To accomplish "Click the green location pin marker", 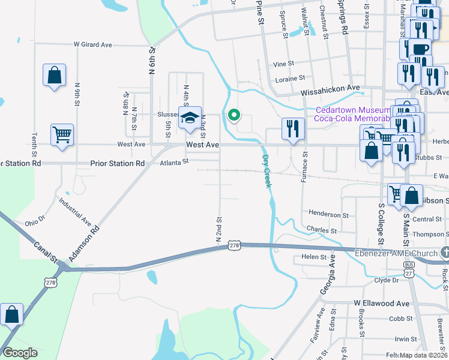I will pos(234,113).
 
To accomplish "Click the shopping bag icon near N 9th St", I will pos(54,76).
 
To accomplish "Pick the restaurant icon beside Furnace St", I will pos(292,128).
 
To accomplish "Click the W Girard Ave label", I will pos(93,44).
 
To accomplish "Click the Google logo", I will pos(20,353).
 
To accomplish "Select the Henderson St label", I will pos(328,214).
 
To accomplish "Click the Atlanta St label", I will pos(174,161).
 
